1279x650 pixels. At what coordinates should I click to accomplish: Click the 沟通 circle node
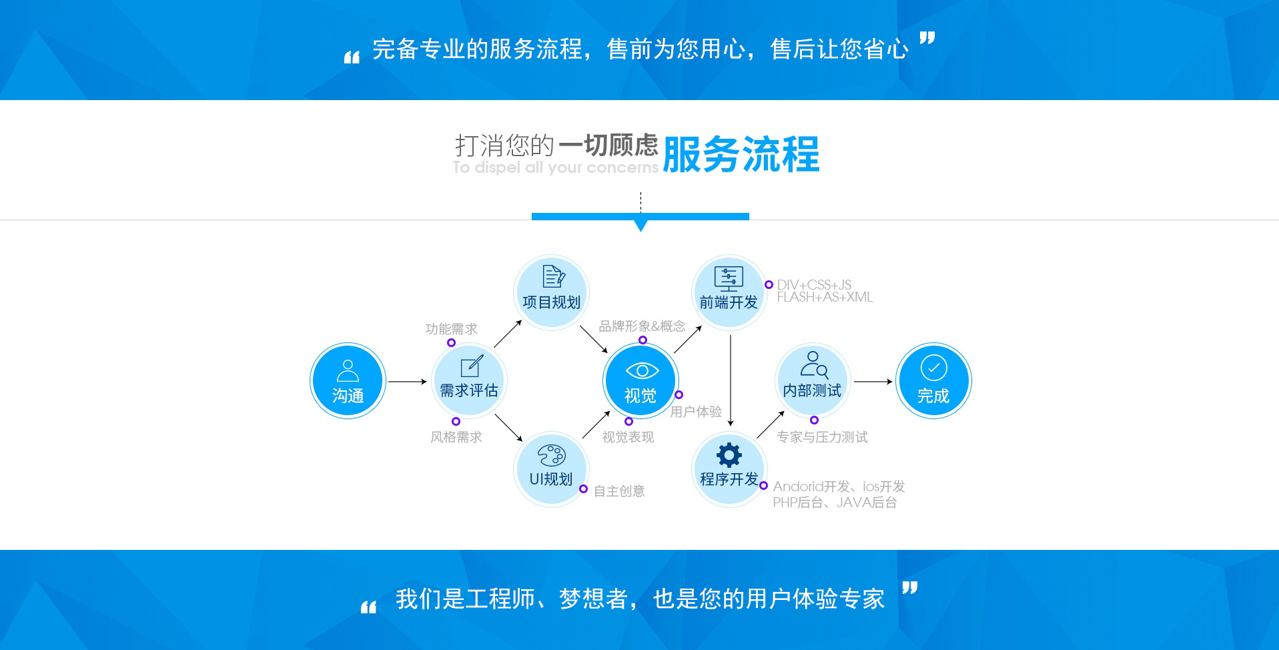pos(348,381)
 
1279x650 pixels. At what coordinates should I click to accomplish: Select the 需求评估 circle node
pos(469,381)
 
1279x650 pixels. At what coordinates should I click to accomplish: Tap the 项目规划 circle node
pos(551,292)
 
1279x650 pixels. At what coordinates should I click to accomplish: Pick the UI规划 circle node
pos(551,469)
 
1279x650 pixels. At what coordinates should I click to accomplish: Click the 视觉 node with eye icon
pos(641,381)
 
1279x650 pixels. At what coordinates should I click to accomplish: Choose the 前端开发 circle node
pos(729,292)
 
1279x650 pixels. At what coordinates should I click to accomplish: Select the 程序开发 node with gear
pos(729,469)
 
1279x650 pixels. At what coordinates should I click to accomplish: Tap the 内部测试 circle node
pos(812,381)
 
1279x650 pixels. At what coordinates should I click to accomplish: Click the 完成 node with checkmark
pos(933,381)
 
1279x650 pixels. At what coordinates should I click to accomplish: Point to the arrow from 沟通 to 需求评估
pos(407,382)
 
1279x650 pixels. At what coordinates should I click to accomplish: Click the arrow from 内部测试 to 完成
pos(873,382)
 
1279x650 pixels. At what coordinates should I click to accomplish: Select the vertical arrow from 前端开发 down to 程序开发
pos(731,380)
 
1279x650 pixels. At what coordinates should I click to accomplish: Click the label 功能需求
pos(451,329)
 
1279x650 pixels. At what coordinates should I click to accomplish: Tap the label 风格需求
pos(456,437)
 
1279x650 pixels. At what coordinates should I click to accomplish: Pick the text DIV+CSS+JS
pos(814,285)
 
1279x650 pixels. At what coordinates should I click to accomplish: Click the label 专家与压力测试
pos(822,437)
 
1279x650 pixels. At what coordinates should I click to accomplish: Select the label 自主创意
pos(619,491)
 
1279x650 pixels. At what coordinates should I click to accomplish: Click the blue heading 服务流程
pos(741,155)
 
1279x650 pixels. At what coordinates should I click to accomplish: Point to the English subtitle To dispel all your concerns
pos(555,168)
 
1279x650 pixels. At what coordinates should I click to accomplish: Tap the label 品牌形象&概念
pos(642,326)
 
